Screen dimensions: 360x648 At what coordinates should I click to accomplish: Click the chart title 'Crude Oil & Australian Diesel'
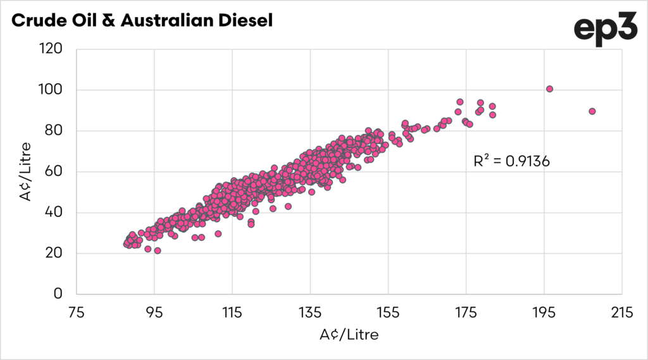[x=142, y=20]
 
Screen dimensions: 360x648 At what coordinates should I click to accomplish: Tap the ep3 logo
[x=605, y=29]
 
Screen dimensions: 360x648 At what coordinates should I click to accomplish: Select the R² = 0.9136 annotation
[x=511, y=161]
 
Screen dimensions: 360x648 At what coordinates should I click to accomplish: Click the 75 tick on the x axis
[x=76, y=313]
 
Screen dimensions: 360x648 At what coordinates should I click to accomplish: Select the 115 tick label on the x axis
[x=232, y=313]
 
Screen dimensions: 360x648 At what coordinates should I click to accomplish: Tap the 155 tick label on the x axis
[x=388, y=313]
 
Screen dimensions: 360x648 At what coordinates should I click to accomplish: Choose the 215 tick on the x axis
[x=621, y=313]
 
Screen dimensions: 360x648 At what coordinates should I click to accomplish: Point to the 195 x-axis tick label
[x=544, y=313]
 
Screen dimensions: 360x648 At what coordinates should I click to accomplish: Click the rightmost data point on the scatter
[x=592, y=111]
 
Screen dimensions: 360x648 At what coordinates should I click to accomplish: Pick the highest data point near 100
[x=549, y=89]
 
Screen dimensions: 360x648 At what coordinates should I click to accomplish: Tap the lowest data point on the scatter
[x=158, y=251]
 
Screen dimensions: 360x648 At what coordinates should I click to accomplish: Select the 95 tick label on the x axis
[x=154, y=313]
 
